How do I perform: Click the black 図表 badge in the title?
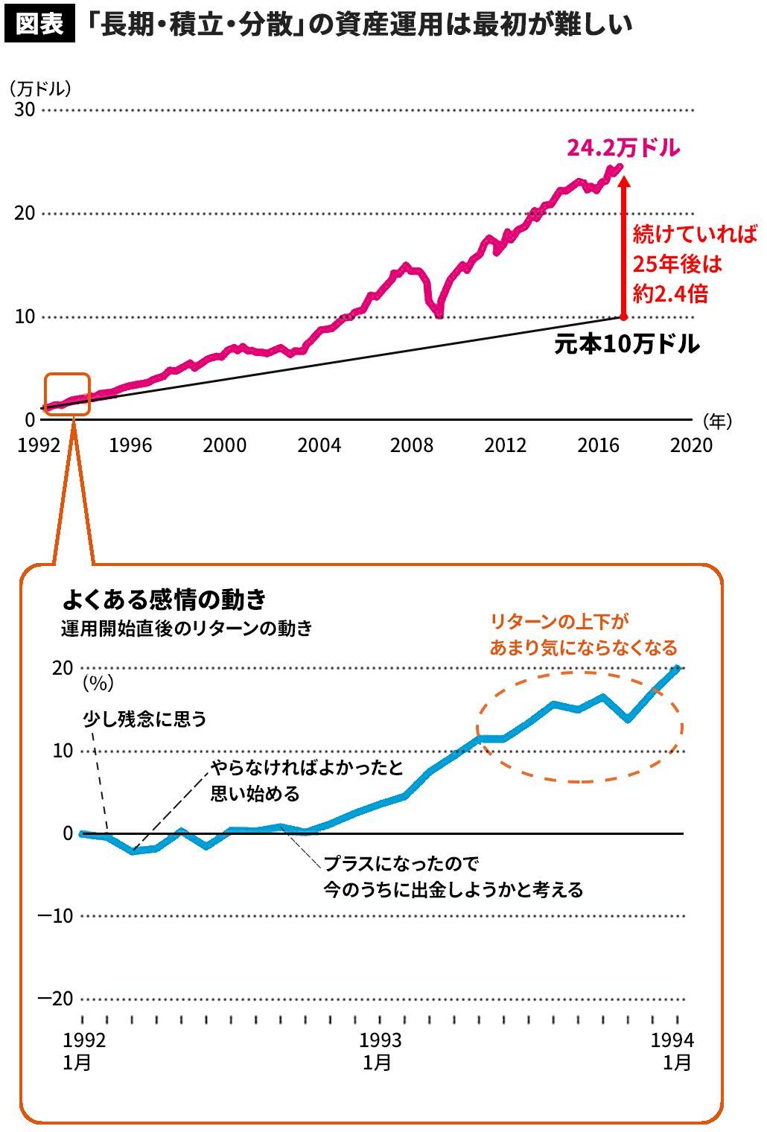pyautogui.click(x=39, y=24)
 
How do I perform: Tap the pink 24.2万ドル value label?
pyautogui.click(x=623, y=148)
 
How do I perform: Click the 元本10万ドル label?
pyautogui.click(x=626, y=344)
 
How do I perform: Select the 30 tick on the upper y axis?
pyautogui.click(x=25, y=109)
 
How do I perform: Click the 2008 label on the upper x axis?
pyautogui.click(x=412, y=445)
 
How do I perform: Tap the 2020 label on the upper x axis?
pyautogui.click(x=691, y=445)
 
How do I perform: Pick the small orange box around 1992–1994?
pyautogui.click(x=67, y=394)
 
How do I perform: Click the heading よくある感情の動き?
pyautogui.click(x=164, y=599)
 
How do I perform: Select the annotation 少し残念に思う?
pyautogui.click(x=144, y=719)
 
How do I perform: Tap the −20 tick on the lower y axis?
pyautogui.click(x=56, y=999)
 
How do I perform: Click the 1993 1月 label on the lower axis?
pyautogui.click(x=380, y=1051)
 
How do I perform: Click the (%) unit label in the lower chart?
pyautogui.click(x=98, y=682)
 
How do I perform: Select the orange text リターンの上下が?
pyautogui.click(x=559, y=622)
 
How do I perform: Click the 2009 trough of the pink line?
pyautogui.click(x=439, y=316)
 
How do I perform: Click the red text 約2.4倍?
pyautogui.click(x=670, y=293)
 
